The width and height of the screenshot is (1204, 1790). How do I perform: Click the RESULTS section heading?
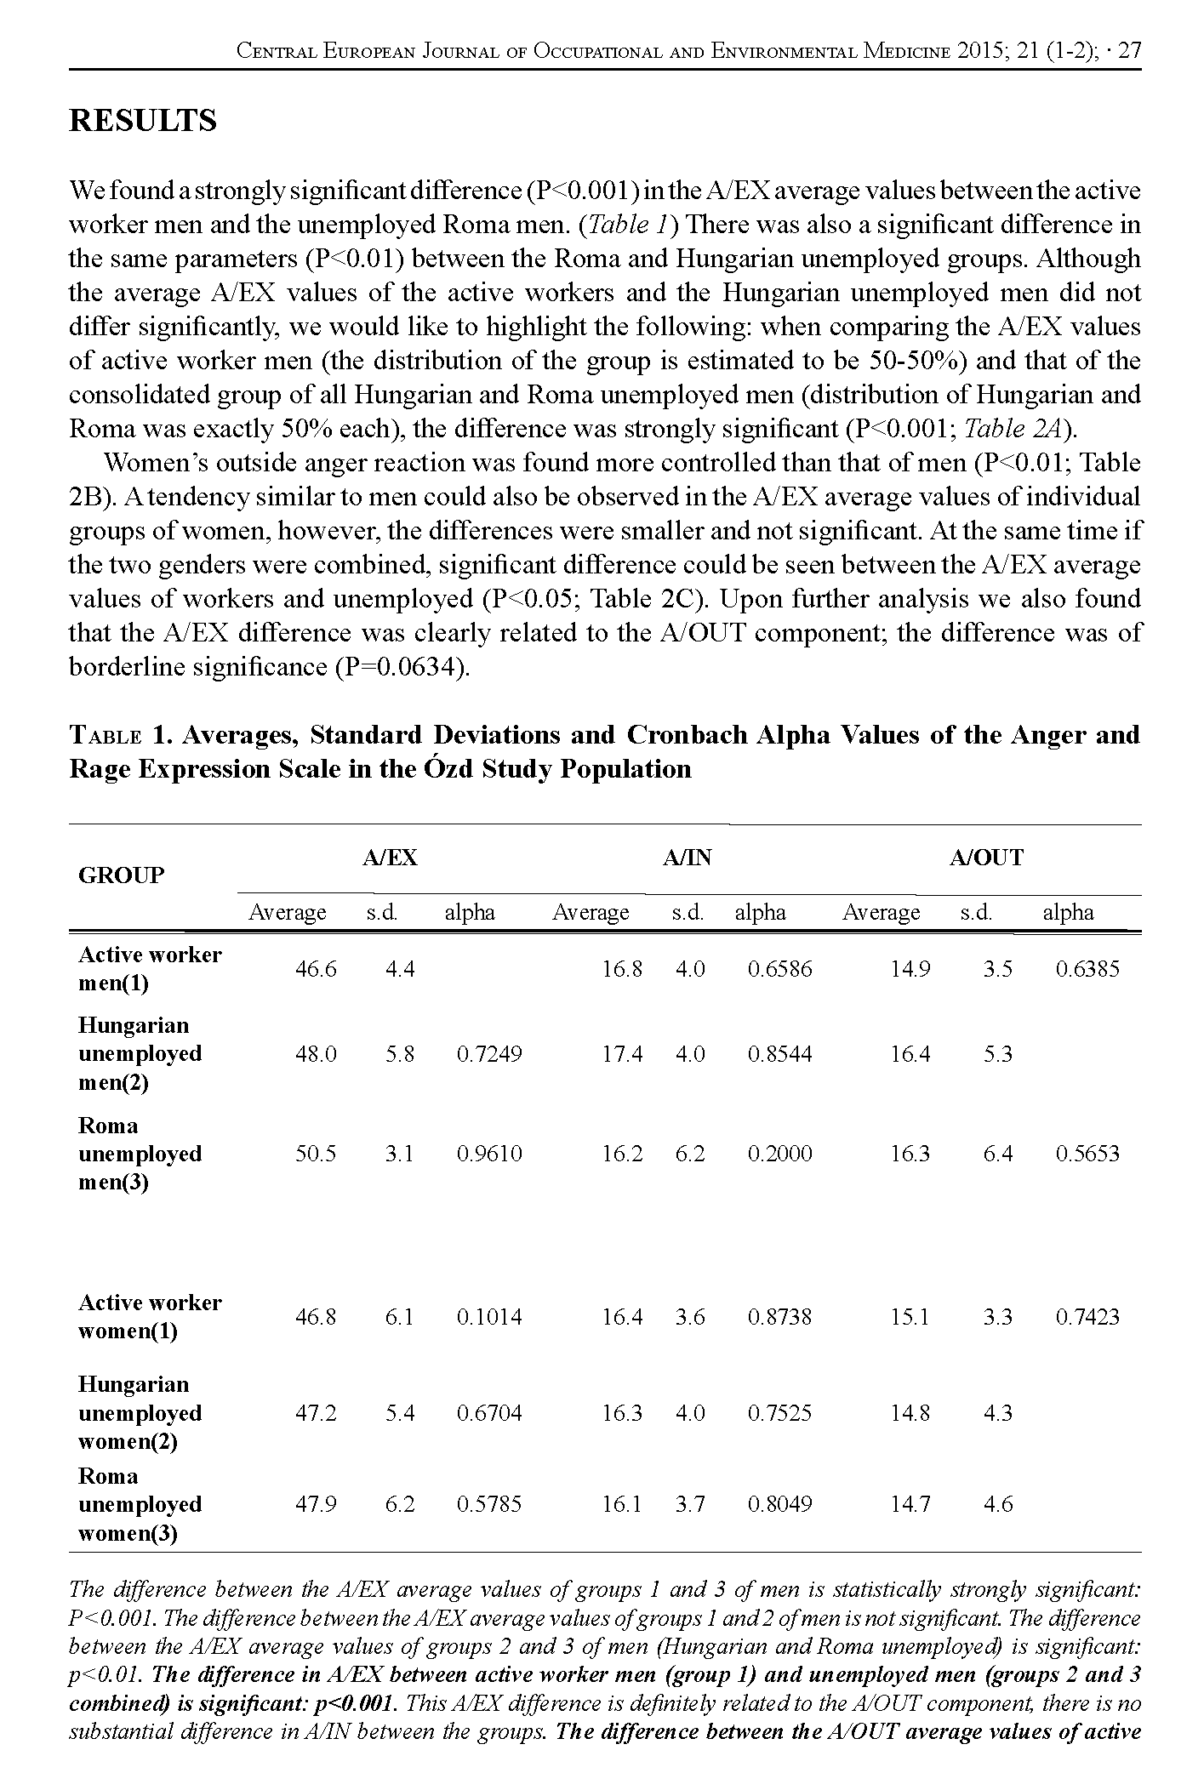(142, 121)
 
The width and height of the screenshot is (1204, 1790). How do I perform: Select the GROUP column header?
(120, 875)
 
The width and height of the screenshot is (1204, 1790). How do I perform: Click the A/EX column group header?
(390, 858)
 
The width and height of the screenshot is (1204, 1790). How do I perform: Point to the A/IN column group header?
(687, 858)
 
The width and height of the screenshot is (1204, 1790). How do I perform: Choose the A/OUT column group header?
(985, 858)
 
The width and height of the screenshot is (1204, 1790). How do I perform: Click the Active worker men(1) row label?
(149, 968)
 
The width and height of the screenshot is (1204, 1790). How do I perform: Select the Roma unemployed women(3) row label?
(140, 1504)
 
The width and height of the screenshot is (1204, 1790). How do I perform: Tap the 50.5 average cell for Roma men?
(315, 1154)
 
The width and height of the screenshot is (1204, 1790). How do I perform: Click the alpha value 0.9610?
(489, 1154)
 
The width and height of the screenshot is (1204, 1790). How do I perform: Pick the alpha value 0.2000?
(779, 1154)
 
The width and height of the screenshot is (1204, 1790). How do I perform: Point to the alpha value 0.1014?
(489, 1317)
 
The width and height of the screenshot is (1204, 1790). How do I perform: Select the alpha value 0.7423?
(1087, 1317)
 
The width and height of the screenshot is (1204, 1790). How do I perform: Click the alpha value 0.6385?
(1087, 968)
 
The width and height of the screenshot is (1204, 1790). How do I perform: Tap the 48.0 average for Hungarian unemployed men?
(315, 1054)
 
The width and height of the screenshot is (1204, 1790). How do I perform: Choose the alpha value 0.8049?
(779, 1504)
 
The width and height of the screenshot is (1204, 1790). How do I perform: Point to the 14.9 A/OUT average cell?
(910, 968)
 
